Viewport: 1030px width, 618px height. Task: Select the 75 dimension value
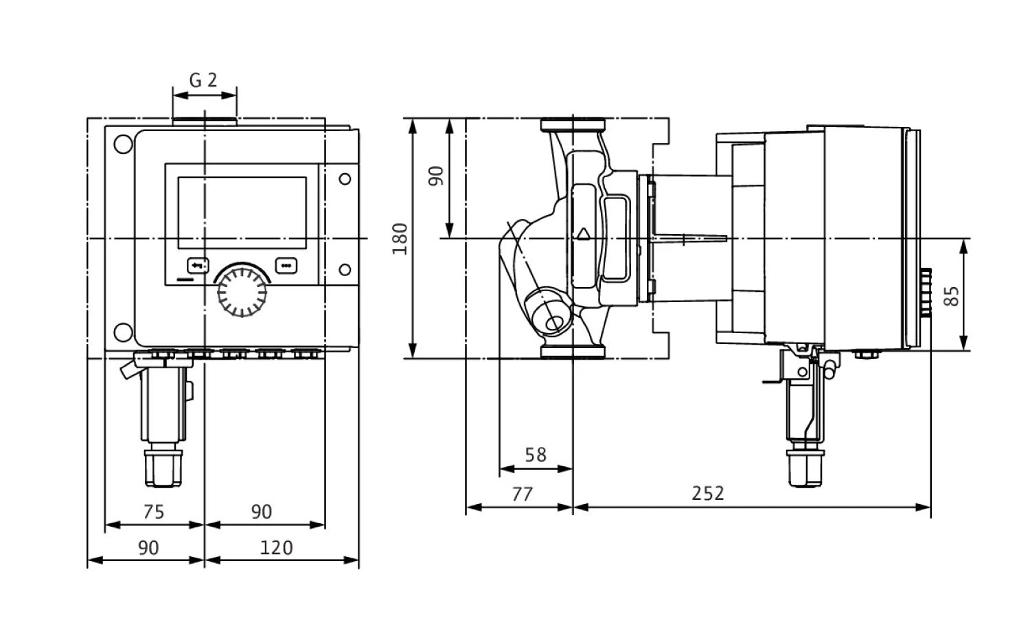154,512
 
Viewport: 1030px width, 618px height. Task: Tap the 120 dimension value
277,548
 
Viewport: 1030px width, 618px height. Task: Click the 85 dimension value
952,295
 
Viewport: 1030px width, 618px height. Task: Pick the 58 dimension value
535,455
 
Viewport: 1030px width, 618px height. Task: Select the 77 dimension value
522,494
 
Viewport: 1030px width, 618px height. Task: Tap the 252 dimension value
707,494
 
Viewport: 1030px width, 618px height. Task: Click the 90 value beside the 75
261,512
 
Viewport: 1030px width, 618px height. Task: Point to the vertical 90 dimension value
436,175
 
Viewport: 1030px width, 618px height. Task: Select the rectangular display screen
242,212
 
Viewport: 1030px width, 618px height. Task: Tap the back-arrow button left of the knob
198,265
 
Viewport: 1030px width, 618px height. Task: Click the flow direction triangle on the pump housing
584,233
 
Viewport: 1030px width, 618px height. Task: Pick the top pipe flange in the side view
573,126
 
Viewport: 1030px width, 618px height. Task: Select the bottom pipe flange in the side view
573,352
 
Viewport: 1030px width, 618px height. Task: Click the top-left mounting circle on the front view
124,146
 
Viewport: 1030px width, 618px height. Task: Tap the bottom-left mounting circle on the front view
124,332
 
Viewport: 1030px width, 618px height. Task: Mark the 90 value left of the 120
148,548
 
